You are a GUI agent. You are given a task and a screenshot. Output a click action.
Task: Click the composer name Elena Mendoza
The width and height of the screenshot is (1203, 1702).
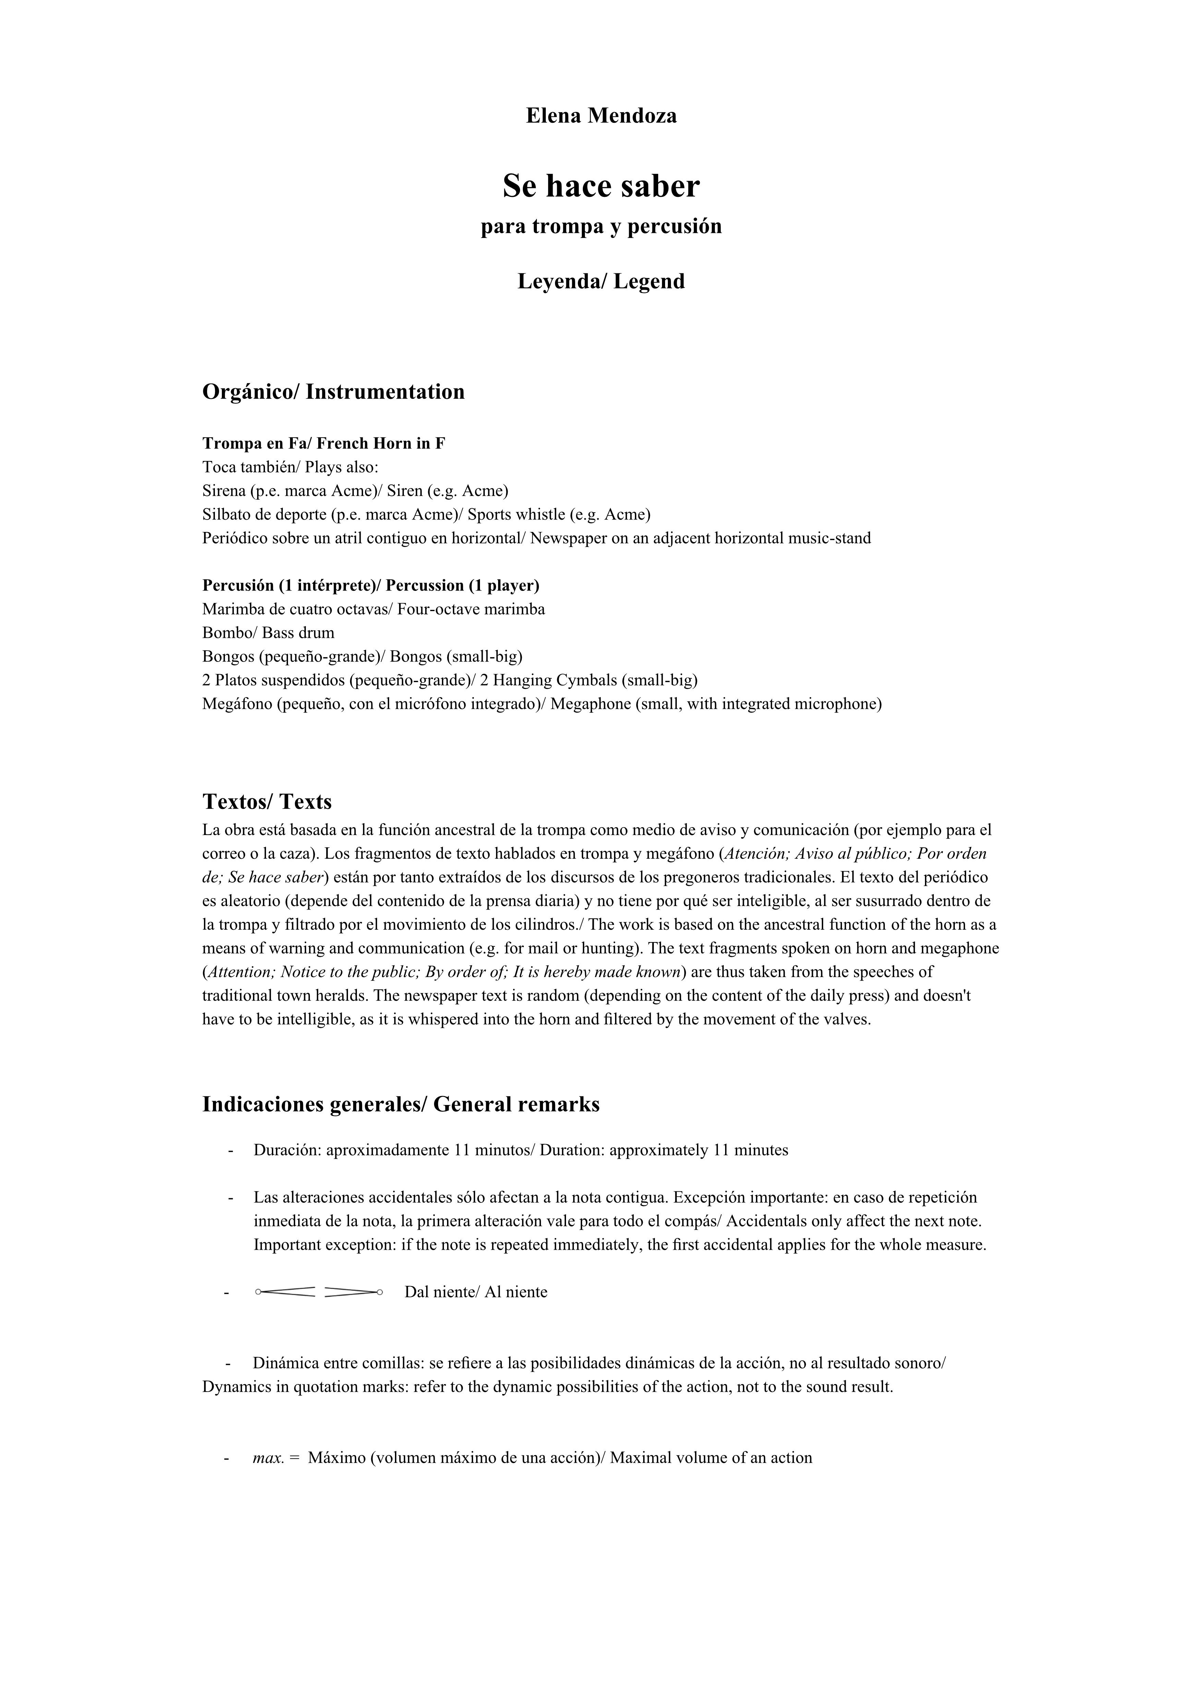click(601, 116)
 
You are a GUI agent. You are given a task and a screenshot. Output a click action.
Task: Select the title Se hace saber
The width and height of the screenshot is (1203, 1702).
click(601, 186)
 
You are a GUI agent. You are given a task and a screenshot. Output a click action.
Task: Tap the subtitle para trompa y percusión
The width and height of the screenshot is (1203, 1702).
click(601, 226)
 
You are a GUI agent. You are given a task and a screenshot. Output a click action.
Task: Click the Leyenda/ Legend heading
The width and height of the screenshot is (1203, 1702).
click(601, 282)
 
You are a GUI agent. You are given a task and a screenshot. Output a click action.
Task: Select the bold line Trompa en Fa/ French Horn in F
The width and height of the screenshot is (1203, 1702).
click(324, 443)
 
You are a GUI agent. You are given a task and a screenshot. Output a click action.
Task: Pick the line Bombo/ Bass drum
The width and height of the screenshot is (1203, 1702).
click(268, 633)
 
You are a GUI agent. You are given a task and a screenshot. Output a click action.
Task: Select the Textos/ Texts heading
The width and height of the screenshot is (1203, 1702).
click(267, 802)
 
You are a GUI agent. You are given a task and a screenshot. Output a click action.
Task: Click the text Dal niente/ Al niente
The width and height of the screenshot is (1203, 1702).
click(476, 1292)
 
